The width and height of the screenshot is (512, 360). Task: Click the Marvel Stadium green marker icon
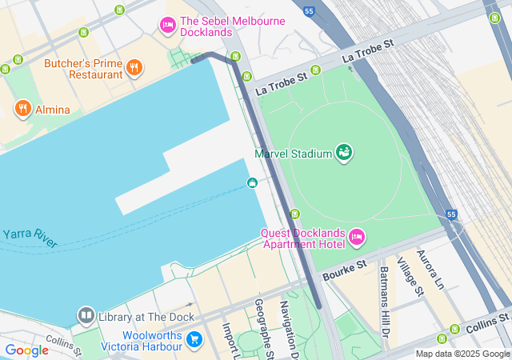tap(344, 152)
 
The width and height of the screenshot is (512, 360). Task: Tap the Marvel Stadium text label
tap(293, 154)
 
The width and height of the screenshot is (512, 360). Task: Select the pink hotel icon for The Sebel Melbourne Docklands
tap(168, 26)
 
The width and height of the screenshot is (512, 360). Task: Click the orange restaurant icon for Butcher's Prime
tap(134, 69)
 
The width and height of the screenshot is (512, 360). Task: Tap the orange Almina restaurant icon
tap(22, 109)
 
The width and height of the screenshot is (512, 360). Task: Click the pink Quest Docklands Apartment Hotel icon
tap(357, 238)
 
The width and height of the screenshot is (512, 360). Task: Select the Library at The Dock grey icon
tap(86, 316)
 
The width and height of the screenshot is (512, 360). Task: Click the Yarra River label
tap(30, 238)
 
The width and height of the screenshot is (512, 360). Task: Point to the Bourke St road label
tap(344, 270)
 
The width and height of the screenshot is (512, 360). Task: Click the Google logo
tap(26, 350)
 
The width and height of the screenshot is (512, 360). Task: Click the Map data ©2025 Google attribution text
tap(462, 354)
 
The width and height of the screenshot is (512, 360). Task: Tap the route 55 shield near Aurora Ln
tap(452, 215)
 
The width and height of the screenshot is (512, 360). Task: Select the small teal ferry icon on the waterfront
tap(252, 183)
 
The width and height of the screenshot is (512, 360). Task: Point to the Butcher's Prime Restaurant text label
tap(84, 69)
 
